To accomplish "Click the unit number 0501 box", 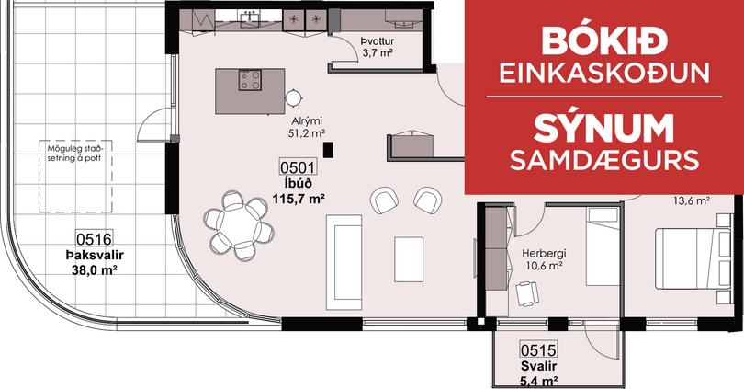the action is point(298,167).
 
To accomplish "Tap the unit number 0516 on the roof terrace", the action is point(94,239).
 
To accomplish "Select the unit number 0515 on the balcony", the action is point(538,350).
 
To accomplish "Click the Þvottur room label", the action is point(378,41).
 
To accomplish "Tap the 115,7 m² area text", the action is point(298,200).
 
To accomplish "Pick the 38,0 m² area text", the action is point(94,270).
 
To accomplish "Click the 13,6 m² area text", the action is point(692,200).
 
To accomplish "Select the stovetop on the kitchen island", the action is point(250,80).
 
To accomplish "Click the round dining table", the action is point(239,224).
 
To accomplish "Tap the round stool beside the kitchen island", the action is point(294,98).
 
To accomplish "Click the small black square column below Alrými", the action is point(328,150).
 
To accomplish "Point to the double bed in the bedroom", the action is point(693,258).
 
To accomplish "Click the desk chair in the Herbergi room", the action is point(526,293).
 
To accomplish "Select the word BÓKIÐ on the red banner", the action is point(604,40).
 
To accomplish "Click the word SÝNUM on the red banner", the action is point(604,129).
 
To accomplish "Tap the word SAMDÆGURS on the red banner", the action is point(604,161).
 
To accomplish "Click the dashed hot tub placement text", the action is point(75,154).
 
